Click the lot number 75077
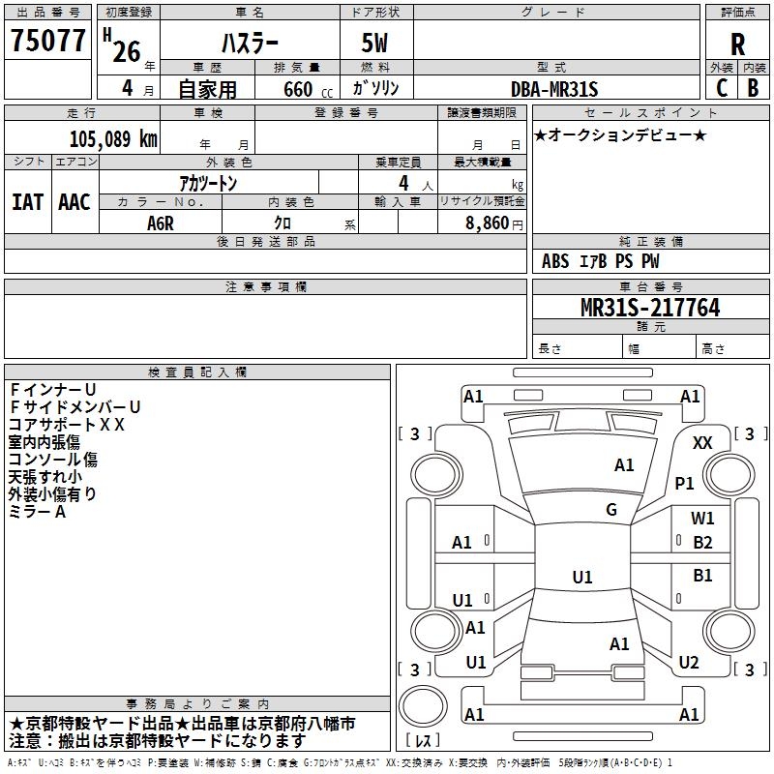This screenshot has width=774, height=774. coord(47,42)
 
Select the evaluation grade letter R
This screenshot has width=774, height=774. coord(737,44)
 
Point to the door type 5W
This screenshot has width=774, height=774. coord(374,44)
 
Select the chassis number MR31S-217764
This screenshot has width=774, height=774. coord(649,308)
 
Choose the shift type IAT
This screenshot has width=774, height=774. coord(27,202)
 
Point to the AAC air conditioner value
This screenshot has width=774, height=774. coord(74,202)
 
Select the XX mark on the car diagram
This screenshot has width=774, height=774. coord(702,442)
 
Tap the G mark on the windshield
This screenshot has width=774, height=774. coord(611,510)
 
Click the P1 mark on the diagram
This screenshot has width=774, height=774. coord(685,483)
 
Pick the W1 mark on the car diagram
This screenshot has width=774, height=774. coord(702,519)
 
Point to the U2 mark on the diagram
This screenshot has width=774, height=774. coord(689,663)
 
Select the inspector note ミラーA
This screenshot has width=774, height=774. coord(37,511)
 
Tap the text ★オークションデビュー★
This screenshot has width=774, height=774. coord(620,134)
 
